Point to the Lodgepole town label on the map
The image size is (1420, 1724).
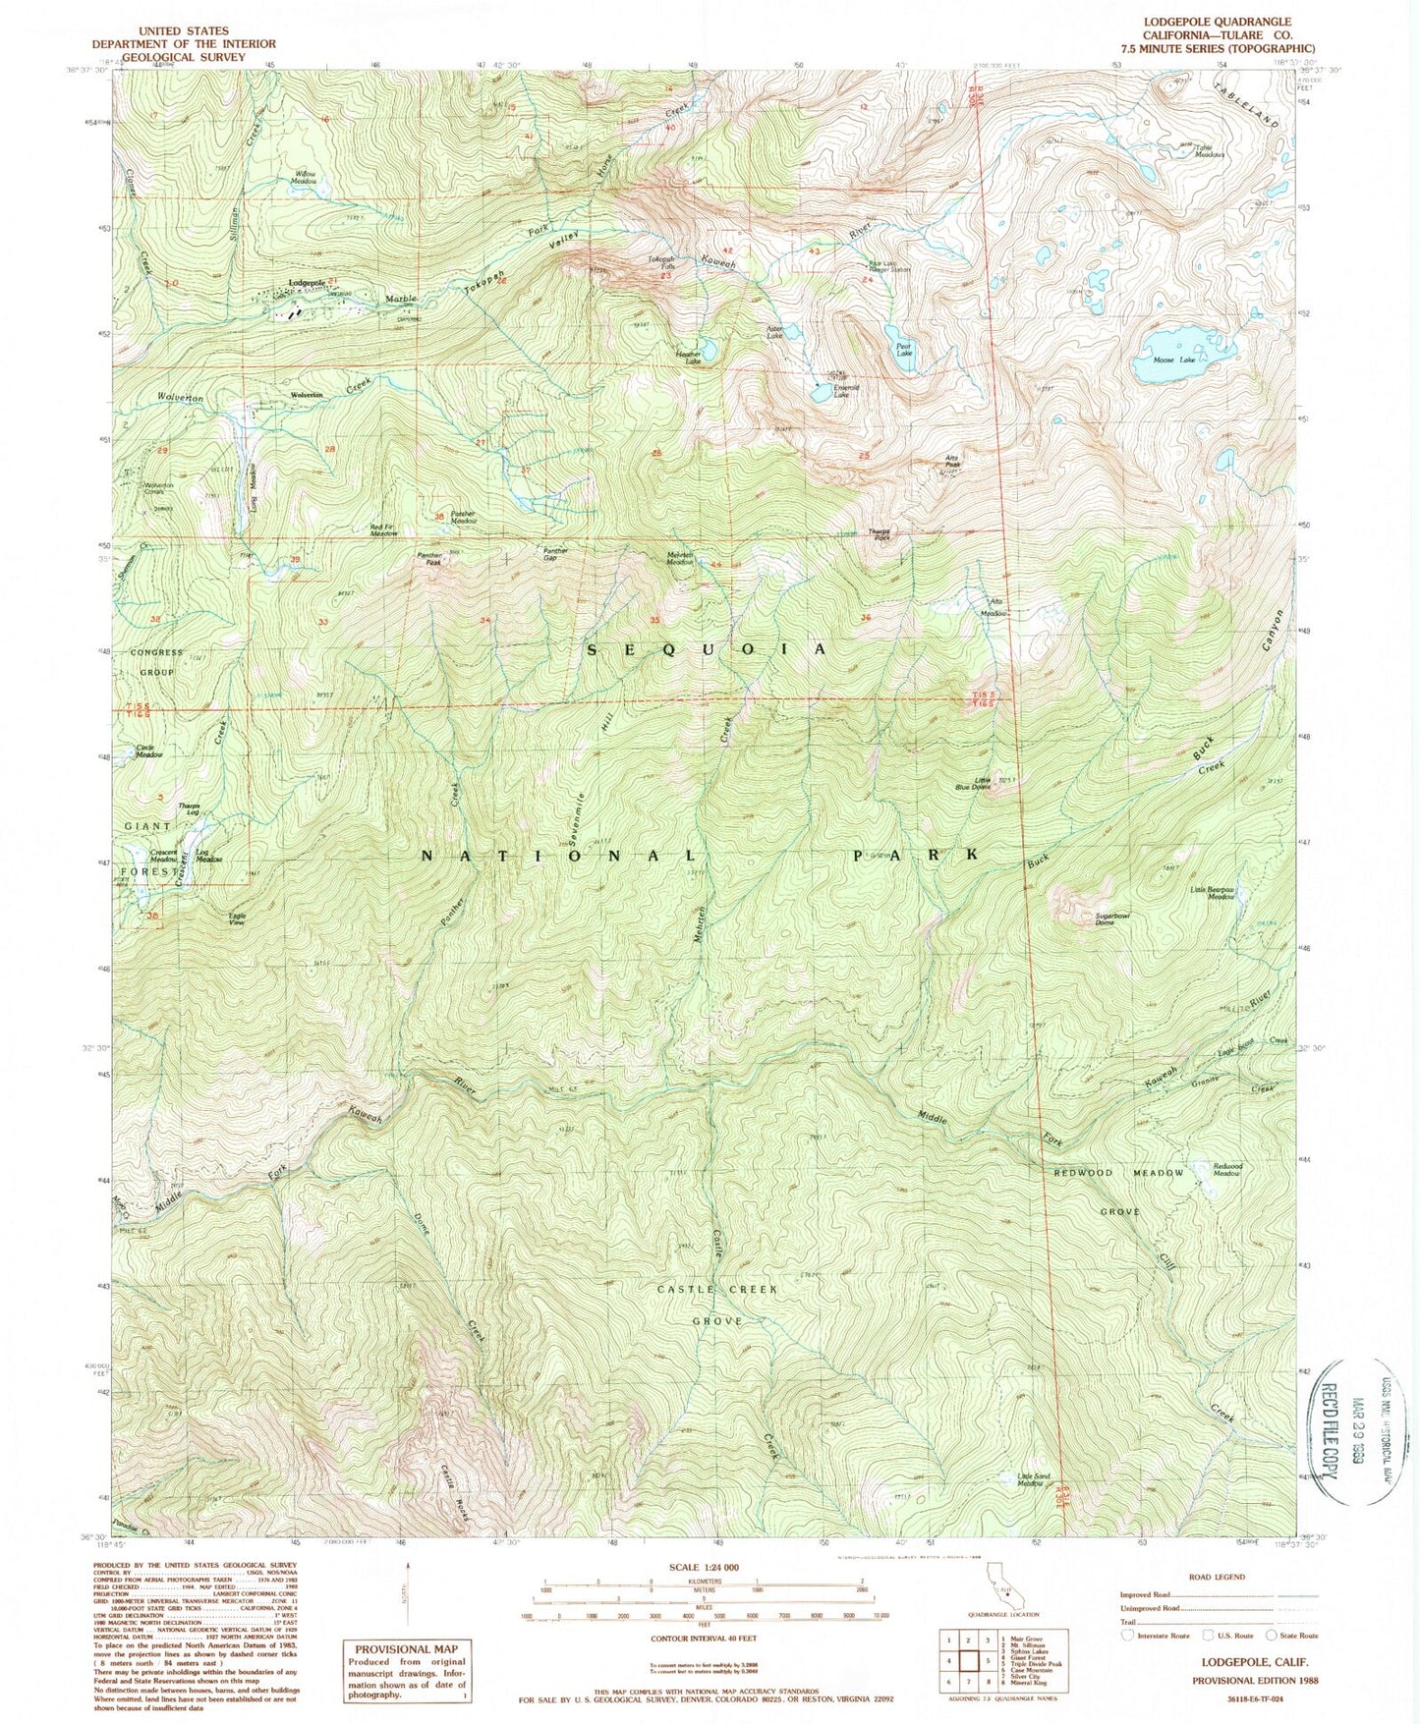(307, 283)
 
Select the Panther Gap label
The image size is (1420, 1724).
(555, 555)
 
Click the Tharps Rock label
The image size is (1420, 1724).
(880, 535)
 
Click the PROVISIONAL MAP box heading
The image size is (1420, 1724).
(407, 1649)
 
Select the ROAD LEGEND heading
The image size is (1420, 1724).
(1216, 1577)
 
